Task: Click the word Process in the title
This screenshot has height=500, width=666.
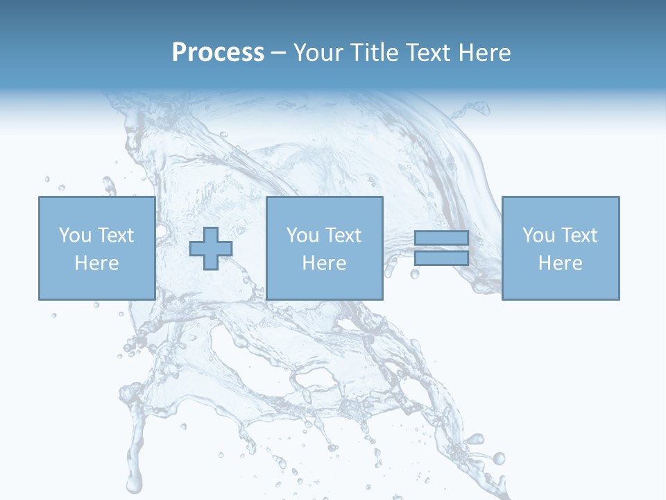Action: coord(218,53)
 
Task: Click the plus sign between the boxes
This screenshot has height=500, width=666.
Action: coord(211,248)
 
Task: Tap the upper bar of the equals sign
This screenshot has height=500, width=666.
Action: coord(441,239)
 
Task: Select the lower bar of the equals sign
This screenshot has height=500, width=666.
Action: coord(441,258)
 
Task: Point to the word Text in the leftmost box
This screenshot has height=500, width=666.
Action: coord(114,235)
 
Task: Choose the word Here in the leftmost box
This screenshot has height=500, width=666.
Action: coord(96,263)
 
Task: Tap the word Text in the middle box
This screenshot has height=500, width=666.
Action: coord(342,235)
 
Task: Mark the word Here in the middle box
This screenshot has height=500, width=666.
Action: coord(324,263)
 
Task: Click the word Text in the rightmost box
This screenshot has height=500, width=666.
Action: coord(578,235)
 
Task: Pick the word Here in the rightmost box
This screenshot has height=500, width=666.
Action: coord(560,263)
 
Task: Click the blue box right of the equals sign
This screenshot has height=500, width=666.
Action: coord(561,285)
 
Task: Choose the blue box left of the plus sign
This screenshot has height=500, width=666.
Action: coord(96,285)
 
